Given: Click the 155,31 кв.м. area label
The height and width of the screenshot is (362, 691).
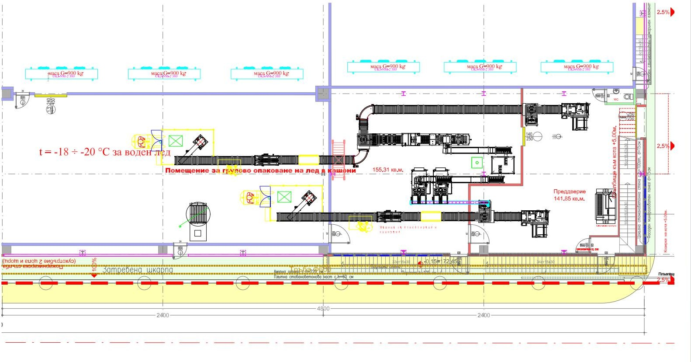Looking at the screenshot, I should pos(388,170).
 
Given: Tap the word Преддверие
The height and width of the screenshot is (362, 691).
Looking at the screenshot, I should pos(570,191).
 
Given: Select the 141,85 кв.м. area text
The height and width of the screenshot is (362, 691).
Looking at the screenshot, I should pos(570,198).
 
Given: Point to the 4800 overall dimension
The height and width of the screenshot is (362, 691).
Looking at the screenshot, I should pos(323,309).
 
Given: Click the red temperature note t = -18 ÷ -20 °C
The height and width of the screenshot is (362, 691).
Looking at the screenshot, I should pos(105,152).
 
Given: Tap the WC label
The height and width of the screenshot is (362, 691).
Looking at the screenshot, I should pos(616,100).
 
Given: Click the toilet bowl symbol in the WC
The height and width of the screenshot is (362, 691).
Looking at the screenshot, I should pos(628,96).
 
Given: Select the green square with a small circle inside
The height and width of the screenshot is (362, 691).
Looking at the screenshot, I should pos(477,163).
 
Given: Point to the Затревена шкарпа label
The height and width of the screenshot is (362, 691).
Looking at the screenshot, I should pos(137,270).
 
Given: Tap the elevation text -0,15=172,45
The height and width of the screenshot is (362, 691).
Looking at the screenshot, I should pos(441,261).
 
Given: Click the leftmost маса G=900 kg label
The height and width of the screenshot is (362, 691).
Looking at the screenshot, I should pos(66,73).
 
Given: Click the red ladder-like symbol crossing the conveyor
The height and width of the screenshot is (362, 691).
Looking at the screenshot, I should pos(339,160).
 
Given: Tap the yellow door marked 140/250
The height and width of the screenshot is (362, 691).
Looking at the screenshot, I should pos(523,136).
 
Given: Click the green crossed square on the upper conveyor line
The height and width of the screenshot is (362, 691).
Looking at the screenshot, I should pos(175,141).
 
